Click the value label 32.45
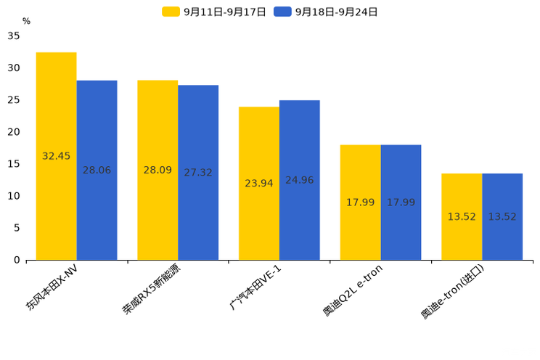[x=57, y=156]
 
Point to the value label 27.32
[x=198, y=173]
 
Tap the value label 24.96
[x=299, y=180]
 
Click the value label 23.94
[x=259, y=184]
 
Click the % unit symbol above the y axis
[x=26, y=21]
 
